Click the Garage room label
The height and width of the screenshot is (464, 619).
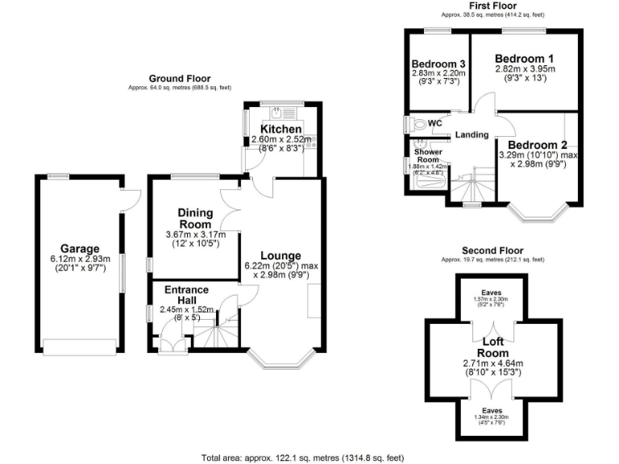click(79, 249)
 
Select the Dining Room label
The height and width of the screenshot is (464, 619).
click(195, 218)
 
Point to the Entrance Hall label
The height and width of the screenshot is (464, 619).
click(186, 295)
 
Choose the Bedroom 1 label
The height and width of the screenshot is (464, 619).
click(524, 59)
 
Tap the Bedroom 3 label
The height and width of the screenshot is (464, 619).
click(438, 64)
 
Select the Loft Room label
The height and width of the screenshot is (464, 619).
click(492, 347)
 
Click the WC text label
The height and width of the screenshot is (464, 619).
click(434, 122)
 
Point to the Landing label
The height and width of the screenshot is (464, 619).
click(472, 135)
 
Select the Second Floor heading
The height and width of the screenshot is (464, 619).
click(493, 251)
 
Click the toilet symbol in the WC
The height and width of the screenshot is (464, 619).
click(417, 125)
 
